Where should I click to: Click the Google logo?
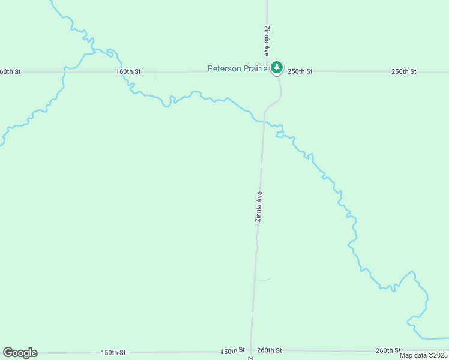click(20, 353)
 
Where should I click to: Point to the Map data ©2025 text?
click(423, 355)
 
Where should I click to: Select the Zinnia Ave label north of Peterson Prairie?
click(267, 41)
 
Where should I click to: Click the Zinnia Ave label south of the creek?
click(259, 207)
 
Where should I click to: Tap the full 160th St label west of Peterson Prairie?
click(128, 71)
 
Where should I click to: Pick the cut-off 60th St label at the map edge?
click(10, 71)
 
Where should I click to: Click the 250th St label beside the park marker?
click(300, 71)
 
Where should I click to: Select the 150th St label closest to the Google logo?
click(113, 352)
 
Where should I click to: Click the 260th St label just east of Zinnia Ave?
click(269, 350)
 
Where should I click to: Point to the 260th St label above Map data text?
click(388, 350)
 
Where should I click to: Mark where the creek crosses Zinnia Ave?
click(263, 122)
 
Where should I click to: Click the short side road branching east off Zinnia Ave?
click(263, 280)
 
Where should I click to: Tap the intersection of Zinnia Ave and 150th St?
click(250, 350)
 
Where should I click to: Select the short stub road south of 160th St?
click(155, 76)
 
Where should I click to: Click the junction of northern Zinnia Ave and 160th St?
click(267, 71)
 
